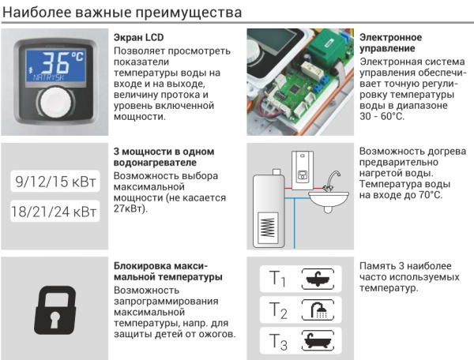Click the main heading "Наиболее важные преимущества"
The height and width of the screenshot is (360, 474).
point(122,13)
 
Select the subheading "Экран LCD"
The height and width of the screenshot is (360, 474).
point(139,38)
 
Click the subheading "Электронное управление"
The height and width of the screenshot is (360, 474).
point(389,43)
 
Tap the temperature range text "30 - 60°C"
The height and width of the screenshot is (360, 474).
point(381,117)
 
